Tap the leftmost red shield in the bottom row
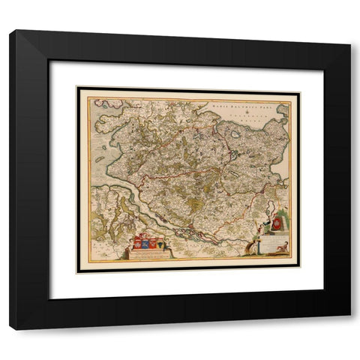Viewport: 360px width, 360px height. [137, 244]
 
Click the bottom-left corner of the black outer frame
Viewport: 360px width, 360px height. [11, 328]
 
